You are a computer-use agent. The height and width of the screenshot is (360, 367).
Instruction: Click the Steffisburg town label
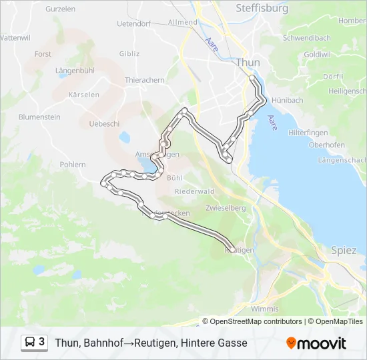click(262, 9)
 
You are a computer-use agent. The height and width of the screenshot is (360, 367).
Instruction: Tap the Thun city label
click(248, 62)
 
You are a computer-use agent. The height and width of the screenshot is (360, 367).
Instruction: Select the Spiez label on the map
click(344, 250)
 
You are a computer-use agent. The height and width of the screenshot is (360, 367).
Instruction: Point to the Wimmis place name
click(264, 309)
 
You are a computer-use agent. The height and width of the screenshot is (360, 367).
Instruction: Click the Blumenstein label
click(39, 117)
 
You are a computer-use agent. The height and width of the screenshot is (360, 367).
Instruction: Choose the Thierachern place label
click(144, 80)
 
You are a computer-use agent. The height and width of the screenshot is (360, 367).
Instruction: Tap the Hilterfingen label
click(307, 133)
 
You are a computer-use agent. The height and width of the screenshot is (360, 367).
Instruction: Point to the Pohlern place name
click(73, 164)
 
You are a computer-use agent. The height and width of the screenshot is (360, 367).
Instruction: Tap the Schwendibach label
click(306, 38)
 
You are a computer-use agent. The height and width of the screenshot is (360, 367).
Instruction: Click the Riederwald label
click(193, 191)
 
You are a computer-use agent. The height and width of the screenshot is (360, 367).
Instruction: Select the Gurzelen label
click(61, 9)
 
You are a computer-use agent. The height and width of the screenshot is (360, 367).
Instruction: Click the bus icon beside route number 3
click(30, 343)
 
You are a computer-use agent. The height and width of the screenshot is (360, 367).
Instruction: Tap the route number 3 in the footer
click(42, 343)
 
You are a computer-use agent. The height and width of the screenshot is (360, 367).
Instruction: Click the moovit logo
click(316, 343)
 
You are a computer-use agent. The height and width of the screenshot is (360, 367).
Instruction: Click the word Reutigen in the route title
click(155, 343)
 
